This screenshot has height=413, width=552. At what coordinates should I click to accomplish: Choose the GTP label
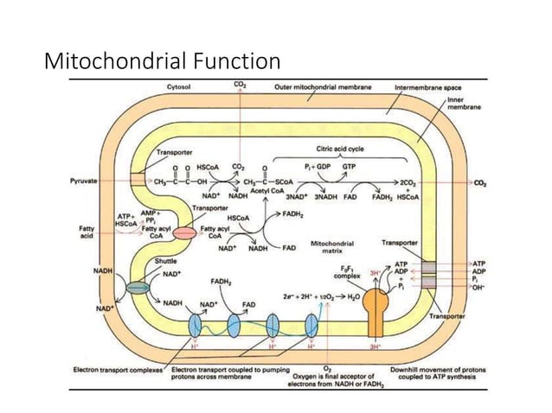pyautogui.click(x=350, y=164)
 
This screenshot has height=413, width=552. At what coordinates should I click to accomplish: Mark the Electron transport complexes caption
pyautogui.click(x=112, y=370)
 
